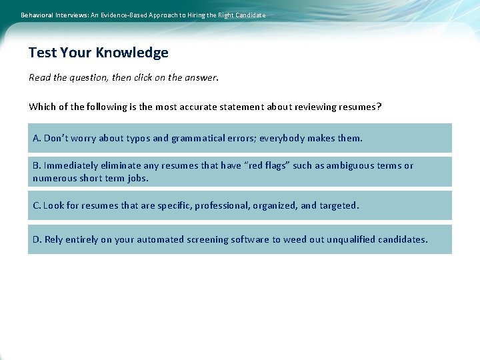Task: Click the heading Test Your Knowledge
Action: click(99, 53)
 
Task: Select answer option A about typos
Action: click(239, 138)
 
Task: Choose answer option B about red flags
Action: click(239, 171)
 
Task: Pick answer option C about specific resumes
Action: click(239, 205)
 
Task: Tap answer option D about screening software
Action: click(239, 239)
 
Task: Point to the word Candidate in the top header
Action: click(249, 15)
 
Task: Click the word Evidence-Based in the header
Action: click(123, 15)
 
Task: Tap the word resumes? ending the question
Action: click(360, 107)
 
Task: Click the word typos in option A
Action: click(136, 139)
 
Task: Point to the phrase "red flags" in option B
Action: click(265, 165)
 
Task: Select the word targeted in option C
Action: click(339, 205)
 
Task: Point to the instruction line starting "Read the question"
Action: click(123, 77)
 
